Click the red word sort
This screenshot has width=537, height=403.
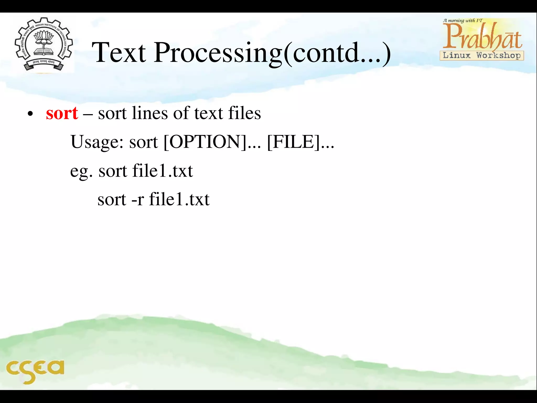[62, 114]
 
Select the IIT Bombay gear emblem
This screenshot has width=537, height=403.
[44, 45]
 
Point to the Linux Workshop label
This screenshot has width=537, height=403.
[482, 56]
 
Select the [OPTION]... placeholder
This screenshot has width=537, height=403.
[212, 142]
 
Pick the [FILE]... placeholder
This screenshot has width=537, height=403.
[300, 142]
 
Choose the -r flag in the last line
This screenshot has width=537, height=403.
[137, 200]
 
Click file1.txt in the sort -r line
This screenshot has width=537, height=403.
[179, 200]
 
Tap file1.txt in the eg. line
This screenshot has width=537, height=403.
[163, 171]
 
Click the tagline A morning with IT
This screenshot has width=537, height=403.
[463, 20]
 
